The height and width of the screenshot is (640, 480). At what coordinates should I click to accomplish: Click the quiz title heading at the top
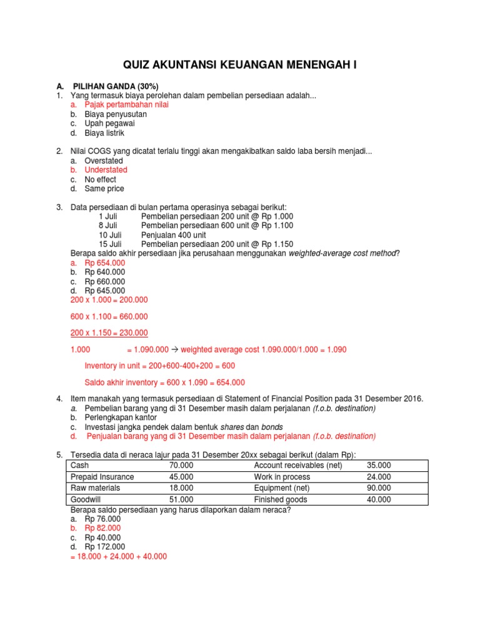pos(239,64)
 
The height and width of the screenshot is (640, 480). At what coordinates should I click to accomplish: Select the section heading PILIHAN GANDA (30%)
pos(116,86)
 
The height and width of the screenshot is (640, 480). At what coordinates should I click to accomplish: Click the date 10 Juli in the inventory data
pos(110,235)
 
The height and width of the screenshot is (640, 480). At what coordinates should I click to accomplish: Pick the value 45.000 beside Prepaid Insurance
pos(181,477)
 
